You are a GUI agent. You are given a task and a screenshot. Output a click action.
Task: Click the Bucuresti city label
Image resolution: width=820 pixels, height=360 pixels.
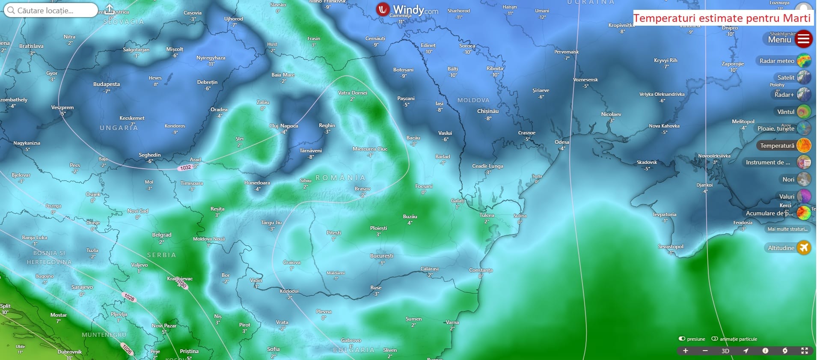[x=381, y=256]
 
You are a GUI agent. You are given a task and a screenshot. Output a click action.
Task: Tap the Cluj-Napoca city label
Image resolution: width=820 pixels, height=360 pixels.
[x=283, y=126]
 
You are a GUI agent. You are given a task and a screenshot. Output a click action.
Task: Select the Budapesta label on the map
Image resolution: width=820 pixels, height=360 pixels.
[x=107, y=84]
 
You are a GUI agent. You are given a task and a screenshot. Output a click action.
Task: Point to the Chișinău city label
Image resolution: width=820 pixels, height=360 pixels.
[x=488, y=111]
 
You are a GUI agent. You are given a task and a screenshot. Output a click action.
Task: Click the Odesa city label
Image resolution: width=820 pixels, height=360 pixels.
[x=562, y=142]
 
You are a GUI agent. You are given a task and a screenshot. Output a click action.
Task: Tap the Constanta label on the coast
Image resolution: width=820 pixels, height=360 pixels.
[x=481, y=270]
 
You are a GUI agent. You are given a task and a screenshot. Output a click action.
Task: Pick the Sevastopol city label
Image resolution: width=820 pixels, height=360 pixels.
[x=671, y=247]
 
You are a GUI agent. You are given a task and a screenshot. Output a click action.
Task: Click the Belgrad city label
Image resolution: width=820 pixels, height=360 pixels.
[x=162, y=235]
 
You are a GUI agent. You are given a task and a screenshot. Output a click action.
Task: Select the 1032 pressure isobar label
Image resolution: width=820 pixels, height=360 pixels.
[x=186, y=167]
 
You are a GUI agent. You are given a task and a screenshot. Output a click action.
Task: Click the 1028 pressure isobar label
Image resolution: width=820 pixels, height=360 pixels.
[x=129, y=297]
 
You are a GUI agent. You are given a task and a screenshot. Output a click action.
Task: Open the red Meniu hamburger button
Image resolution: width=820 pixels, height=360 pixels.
[x=804, y=39]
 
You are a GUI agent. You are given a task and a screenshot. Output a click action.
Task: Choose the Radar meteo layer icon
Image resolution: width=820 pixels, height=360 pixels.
[x=804, y=61]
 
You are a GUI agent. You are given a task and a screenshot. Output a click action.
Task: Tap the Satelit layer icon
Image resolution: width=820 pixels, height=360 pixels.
[x=804, y=77]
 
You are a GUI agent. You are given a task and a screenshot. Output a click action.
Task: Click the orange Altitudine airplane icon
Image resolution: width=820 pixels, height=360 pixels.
[x=804, y=248]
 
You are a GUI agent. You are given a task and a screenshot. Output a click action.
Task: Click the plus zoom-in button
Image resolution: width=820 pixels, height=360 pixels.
[x=685, y=351]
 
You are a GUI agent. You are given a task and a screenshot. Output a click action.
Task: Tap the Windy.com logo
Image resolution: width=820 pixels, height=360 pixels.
[x=407, y=9]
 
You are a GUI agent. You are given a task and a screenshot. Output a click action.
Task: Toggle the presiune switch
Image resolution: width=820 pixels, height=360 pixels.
[x=682, y=339]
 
